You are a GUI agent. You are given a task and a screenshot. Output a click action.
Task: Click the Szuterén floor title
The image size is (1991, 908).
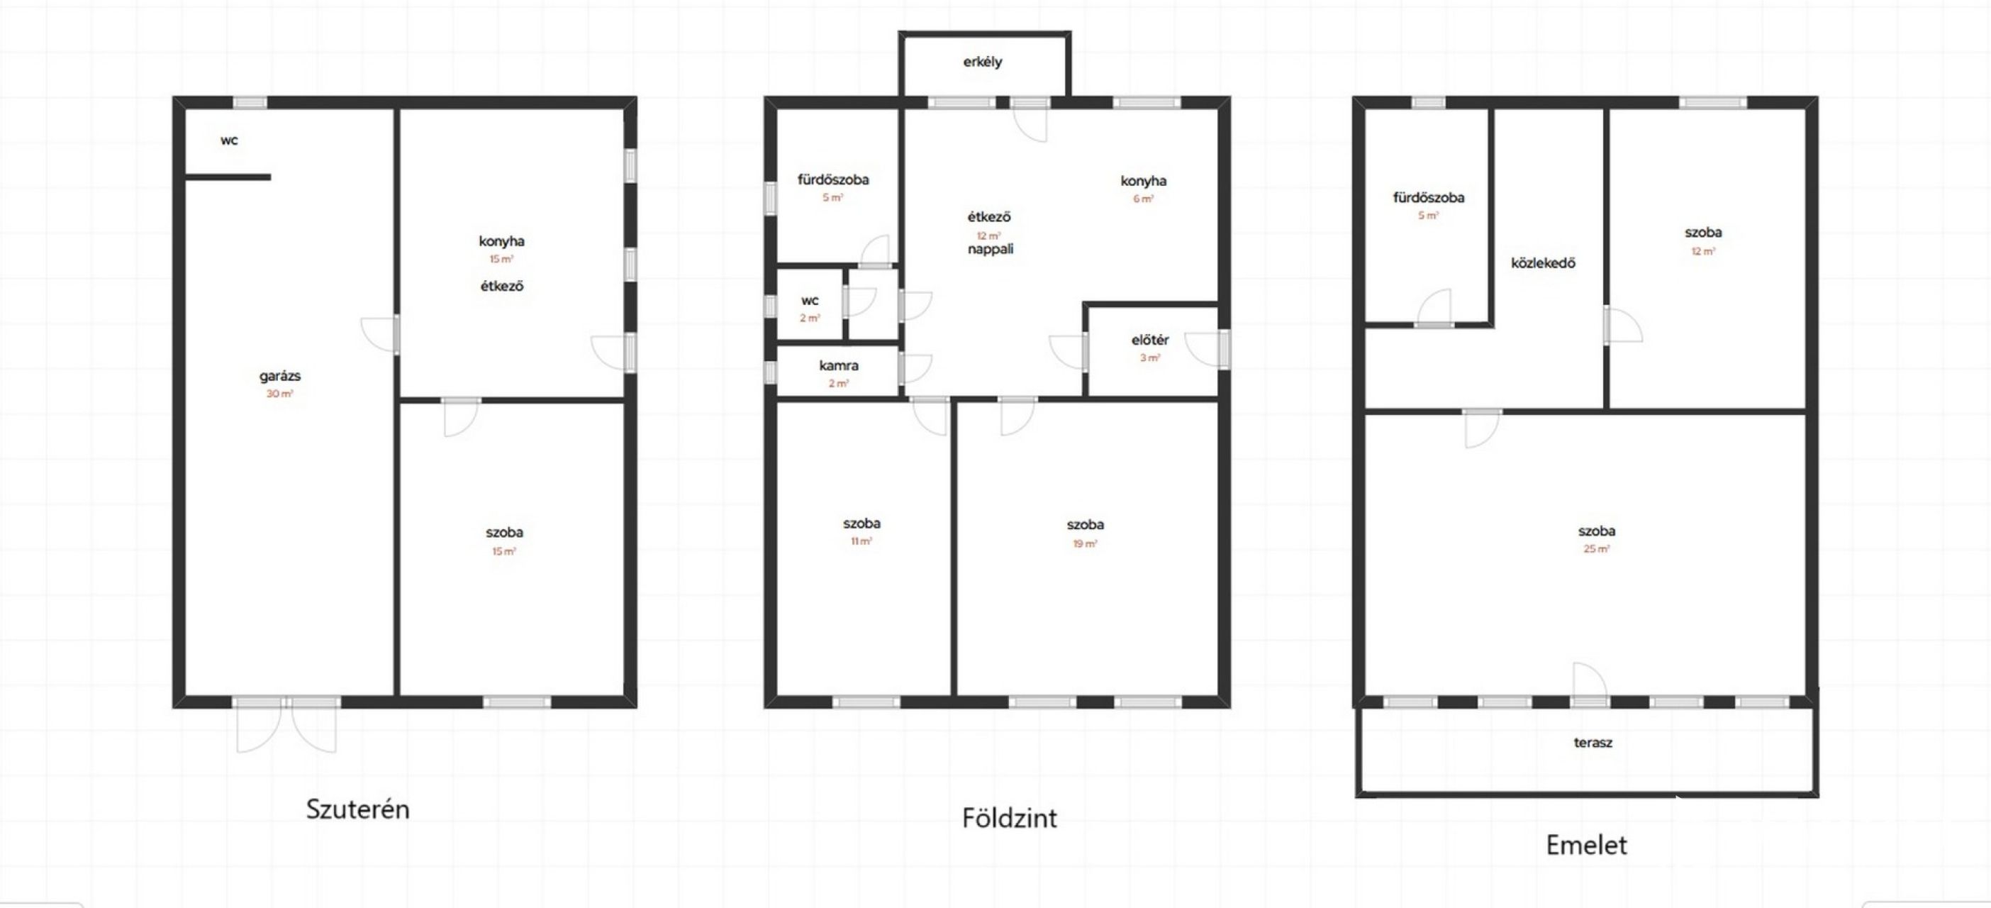358,809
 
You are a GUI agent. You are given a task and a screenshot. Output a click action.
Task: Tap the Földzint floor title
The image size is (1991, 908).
1010,817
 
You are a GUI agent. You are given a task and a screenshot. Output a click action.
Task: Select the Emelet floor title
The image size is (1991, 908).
1586,845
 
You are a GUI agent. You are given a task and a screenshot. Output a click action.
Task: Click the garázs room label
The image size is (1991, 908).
280,377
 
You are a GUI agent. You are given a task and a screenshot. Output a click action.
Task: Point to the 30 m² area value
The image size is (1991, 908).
280,394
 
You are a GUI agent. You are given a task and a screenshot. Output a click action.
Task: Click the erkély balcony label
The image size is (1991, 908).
982,62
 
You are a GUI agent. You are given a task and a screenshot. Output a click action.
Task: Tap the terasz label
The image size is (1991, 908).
1593,743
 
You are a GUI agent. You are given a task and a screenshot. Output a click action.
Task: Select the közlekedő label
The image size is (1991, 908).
1543,263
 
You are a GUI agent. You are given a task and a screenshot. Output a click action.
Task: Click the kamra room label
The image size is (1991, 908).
839,365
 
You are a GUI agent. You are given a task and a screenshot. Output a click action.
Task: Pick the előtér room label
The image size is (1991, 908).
1150,340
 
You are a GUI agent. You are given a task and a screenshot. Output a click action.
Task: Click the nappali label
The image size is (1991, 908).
990,249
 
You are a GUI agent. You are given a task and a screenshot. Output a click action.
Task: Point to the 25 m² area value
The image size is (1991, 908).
1596,549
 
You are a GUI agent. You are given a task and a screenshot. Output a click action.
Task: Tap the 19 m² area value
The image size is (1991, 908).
1085,543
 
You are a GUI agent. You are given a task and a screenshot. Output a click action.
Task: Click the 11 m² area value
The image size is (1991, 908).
861,541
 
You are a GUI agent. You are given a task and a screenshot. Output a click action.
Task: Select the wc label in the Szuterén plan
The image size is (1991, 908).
229,140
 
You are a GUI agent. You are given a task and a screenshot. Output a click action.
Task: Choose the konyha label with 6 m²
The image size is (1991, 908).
1143,181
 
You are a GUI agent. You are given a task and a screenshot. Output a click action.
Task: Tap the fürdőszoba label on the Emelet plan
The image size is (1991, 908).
1428,198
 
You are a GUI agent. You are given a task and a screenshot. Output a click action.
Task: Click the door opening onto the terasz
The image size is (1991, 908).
1590,685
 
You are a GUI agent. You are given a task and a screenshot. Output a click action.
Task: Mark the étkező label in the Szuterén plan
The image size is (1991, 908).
501,286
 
